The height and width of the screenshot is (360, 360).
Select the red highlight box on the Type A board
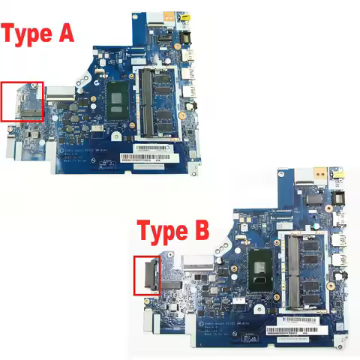pos(22,101)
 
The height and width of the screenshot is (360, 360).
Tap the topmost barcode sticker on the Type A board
pos(147,149)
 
